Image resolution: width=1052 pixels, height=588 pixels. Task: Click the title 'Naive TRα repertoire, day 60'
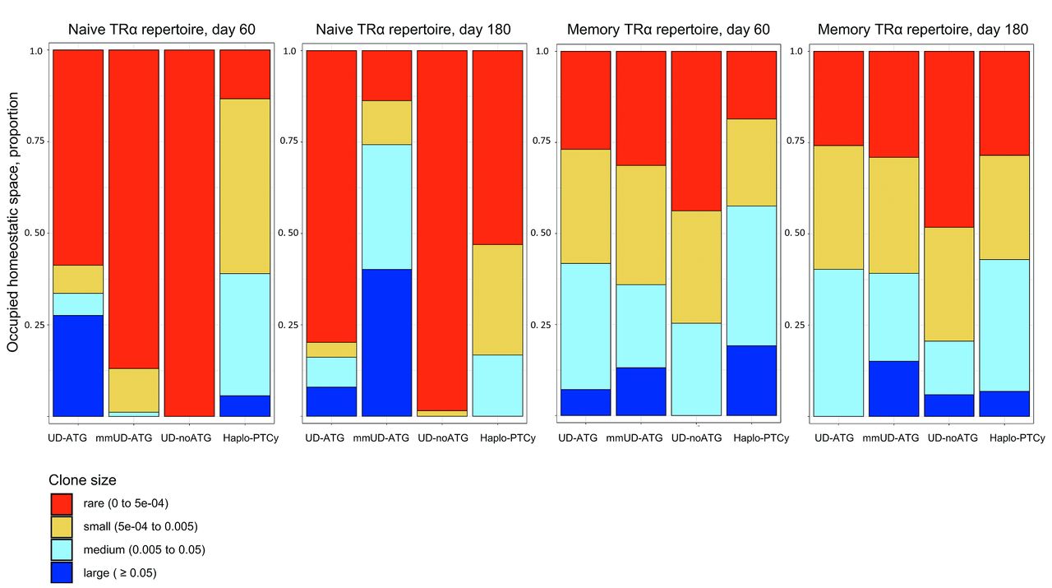click(161, 30)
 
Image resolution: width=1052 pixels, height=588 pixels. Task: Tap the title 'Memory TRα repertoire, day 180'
click(922, 30)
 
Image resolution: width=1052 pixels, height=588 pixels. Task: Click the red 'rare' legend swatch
click(62, 503)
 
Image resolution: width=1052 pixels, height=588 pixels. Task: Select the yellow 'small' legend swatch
click(62, 526)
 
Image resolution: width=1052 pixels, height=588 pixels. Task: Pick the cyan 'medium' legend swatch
click(62, 549)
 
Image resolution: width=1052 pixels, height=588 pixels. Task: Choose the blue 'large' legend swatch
click(62, 572)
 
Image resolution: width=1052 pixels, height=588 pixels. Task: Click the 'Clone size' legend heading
click(82, 479)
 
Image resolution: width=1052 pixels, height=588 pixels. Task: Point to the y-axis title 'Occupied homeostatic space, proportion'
click(13, 234)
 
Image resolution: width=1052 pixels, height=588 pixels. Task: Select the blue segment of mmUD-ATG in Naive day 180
click(386, 342)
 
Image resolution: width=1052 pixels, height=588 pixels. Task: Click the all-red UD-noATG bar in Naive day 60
click(189, 234)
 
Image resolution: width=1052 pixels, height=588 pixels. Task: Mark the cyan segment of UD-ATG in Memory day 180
click(838, 342)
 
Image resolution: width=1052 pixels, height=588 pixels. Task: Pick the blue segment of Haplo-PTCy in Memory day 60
click(751, 380)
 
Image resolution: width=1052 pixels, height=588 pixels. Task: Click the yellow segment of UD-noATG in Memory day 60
click(696, 266)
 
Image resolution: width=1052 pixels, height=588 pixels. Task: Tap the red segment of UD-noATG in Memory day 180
click(949, 139)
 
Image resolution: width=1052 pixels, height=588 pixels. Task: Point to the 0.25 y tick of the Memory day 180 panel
click(795, 325)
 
